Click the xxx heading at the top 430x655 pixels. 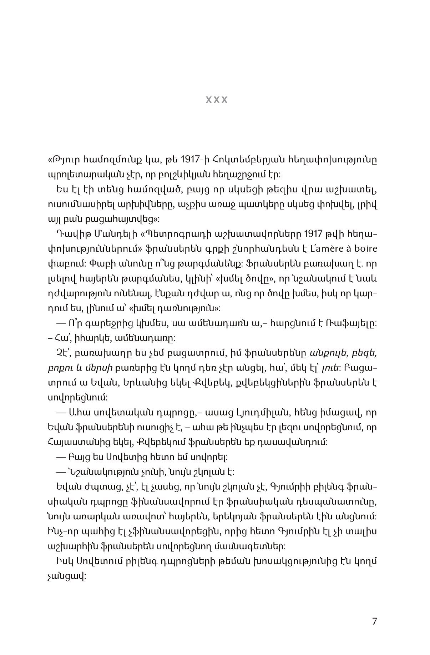pos(217,100)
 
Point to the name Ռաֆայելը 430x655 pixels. pos(355,323)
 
